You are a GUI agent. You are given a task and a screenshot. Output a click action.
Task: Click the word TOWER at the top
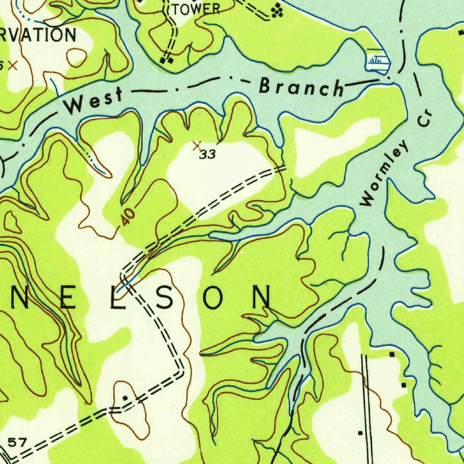pos(196,9)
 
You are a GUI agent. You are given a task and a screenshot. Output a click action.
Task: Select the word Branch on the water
pos(301,87)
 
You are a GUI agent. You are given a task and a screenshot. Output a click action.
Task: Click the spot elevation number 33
pos(208,155)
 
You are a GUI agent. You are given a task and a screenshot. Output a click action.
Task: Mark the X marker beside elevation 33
pos(196,145)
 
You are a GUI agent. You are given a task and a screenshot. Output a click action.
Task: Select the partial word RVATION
pos(38,34)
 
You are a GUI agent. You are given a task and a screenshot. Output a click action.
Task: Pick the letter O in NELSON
pos(213,298)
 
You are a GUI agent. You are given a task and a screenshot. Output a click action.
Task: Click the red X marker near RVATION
pos(13,65)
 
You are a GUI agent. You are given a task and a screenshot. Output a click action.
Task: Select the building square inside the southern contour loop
pos(125,398)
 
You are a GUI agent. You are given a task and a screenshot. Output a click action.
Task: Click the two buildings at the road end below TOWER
pos(167,59)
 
